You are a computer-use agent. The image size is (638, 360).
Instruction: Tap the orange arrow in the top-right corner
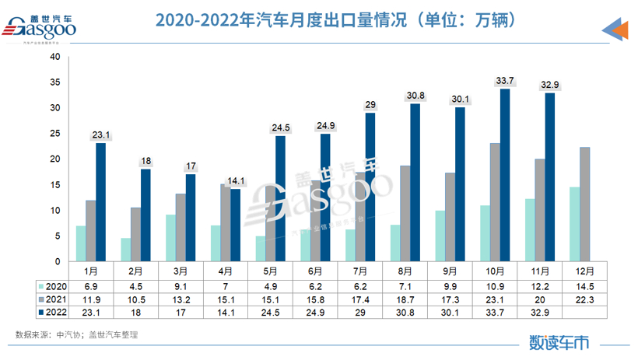coord(617,30)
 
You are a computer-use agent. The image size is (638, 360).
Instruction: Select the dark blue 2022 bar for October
coord(504,175)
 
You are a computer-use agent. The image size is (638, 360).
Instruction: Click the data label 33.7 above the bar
coord(505,80)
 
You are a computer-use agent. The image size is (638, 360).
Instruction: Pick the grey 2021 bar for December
coord(584,204)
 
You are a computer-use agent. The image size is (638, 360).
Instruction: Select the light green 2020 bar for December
coord(573,224)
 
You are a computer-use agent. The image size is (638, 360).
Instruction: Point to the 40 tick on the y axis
coord(54,57)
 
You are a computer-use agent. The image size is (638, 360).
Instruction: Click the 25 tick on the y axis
coord(54,134)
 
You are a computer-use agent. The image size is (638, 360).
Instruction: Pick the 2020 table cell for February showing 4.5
coord(135,287)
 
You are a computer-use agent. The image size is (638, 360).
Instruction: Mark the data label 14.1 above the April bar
coord(235,181)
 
